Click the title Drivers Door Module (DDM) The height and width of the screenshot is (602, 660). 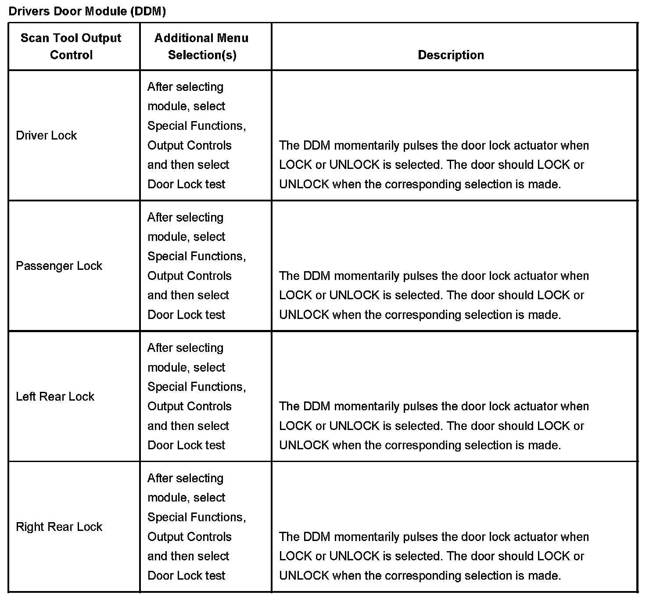coord(87,11)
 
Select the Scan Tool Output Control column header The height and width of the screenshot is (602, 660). coord(71,47)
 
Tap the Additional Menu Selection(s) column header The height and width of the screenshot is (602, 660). coord(201,47)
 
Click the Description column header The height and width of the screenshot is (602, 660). coord(451,55)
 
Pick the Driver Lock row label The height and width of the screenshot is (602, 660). coord(46,135)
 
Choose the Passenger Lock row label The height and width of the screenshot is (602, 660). coord(59,266)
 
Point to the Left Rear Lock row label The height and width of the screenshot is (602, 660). coord(55,397)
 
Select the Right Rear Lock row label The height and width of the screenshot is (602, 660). coord(59,527)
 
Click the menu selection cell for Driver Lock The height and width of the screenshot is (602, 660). coord(197,136)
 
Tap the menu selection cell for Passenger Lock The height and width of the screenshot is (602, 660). coord(197,266)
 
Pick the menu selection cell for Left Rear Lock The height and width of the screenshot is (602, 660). coord(197,396)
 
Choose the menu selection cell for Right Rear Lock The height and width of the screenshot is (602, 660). coord(197,527)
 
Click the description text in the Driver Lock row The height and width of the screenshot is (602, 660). coord(434,165)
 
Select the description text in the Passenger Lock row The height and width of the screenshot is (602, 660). coord(434,295)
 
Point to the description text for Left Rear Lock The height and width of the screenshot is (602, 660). coord(434,426)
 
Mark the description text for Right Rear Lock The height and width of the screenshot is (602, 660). coord(434,556)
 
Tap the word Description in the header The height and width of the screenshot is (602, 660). coord(451,55)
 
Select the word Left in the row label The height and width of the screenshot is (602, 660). coord(25,397)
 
